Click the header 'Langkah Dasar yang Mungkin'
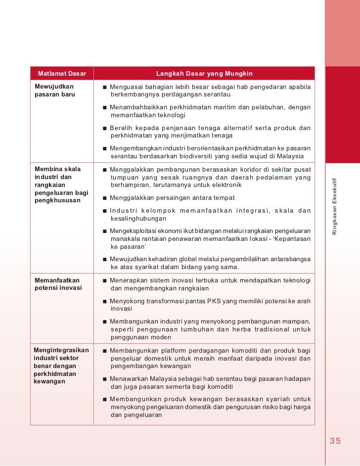204,74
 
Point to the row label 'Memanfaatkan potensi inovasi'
58,284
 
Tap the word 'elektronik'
225,185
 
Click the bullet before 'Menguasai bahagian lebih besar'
105,88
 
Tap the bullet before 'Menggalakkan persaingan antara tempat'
105,198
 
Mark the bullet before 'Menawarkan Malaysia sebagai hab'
105,379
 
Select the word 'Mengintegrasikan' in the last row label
61,350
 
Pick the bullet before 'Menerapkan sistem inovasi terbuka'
105,281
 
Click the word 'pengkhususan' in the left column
57,201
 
